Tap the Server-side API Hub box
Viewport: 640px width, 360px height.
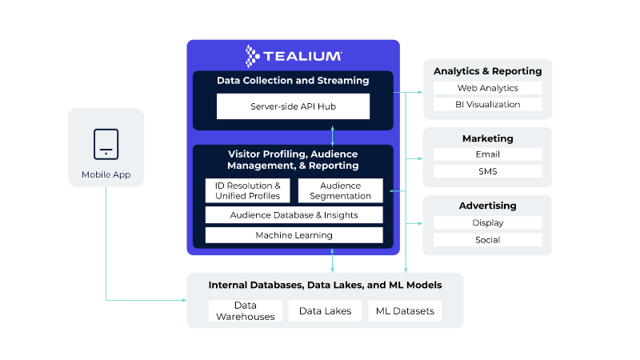[x=293, y=106]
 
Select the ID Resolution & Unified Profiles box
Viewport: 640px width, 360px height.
[x=248, y=190]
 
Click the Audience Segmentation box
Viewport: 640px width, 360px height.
[x=341, y=190]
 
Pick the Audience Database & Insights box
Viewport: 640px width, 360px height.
[x=294, y=214]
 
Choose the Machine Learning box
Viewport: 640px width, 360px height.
[x=294, y=235]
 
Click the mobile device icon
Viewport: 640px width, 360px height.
[x=106, y=143]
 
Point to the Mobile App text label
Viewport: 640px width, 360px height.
[x=106, y=174]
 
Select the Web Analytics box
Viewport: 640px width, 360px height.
[x=487, y=88]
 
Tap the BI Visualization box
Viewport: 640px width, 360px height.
[x=487, y=104]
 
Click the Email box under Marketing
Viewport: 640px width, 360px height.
[x=487, y=154]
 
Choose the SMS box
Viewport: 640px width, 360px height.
[x=487, y=171]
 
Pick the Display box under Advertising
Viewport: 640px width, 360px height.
[x=487, y=223]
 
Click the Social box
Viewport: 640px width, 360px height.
[x=487, y=240]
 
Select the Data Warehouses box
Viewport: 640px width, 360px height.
[x=245, y=310]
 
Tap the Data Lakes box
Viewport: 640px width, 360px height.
[x=325, y=310]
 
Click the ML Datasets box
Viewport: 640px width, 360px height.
[x=405, y=310]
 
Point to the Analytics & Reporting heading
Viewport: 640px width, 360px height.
[x=487, y=71]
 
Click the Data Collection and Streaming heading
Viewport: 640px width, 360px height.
[x=293, y=81]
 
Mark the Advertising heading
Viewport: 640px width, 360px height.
[x=487, y=206]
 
